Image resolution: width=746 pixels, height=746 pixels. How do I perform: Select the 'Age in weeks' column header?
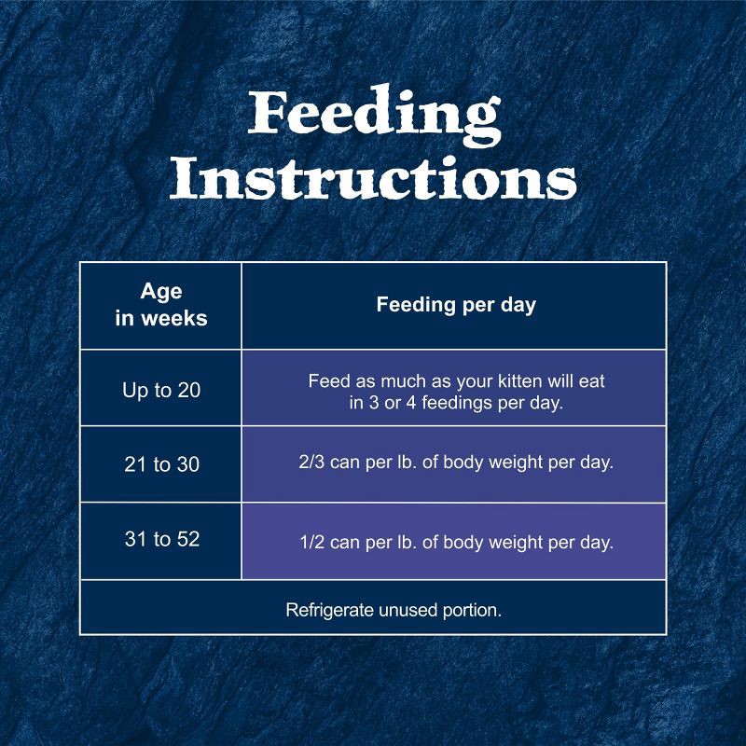tap(160, 305)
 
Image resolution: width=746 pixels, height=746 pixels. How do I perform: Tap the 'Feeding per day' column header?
tap(455, 305)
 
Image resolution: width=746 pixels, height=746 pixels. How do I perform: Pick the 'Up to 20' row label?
tap(160, 390)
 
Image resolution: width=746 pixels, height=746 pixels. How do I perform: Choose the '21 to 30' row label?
tap(161, 464)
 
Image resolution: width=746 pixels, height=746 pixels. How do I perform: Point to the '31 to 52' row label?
tap(161, 539)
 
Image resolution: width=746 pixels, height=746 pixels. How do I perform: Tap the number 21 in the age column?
tap(136, 464)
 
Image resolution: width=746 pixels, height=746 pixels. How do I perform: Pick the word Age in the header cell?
tap(160, 292)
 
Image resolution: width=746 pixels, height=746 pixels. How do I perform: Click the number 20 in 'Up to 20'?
tap(188, 390)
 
